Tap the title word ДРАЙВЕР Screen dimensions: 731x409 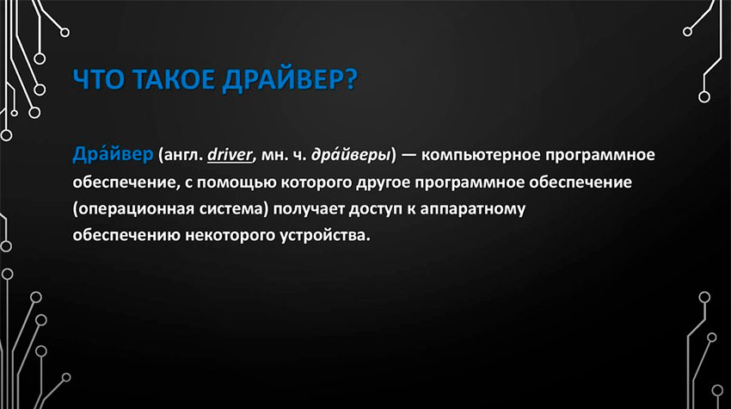click(279, 80)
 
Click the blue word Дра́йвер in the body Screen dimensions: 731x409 click(113, 154)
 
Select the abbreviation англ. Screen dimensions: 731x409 click(181, 155)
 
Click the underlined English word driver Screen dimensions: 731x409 click(230, 154)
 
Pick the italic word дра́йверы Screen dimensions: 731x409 click(351, 155)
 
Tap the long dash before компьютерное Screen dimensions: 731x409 click(408, 155)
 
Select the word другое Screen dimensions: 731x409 click(383, 183)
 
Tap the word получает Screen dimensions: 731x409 click(309, 209)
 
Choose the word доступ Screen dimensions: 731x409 click(375, 209)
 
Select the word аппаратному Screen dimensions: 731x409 click(473, 209)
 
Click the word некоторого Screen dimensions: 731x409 click(230, 235)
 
